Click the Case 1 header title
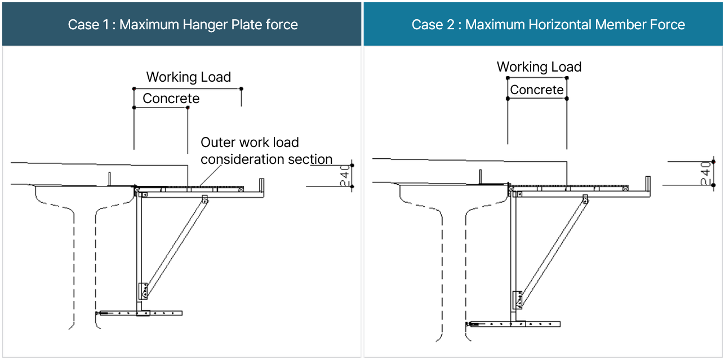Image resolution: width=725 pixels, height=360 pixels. pyautogui.click(x=183, y=25)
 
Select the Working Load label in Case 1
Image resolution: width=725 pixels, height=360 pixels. pyautogui.click(x=189, y=77)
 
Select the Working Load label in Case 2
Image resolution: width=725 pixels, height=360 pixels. pyautogui.click(x=539, y=67)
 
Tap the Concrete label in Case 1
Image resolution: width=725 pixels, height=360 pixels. pyautogui.click(x=171, y=99)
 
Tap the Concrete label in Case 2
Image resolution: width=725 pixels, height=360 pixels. pyautogui.click(x=536, y=90)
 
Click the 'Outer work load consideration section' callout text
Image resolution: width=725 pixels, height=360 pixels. pyautogui.click(x=266, y=151)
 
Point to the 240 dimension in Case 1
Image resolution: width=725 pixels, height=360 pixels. pyautogui.click(x=344, y=176)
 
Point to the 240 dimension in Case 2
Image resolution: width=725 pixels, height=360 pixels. pyautogui.click(x=705, y=173)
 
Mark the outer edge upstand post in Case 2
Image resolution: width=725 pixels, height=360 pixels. pyautogui.click(x=648, y=184)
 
